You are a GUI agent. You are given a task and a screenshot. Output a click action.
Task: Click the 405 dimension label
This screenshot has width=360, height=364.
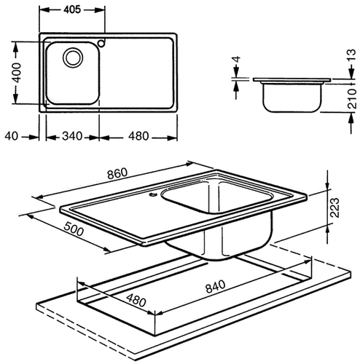[72, 9]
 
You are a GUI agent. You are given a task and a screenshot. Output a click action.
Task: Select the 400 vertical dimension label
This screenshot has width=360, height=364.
[16, 73]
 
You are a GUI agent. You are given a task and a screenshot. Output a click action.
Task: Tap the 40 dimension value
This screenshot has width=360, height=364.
[12, 136]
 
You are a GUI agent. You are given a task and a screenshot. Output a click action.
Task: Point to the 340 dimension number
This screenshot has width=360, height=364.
[72, 136]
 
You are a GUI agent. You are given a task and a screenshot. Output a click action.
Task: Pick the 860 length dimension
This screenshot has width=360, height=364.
[117, 173]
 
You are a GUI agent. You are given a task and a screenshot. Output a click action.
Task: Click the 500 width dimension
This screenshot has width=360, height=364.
[74, 229]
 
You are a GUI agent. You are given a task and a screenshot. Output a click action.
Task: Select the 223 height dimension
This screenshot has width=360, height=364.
[334, 207]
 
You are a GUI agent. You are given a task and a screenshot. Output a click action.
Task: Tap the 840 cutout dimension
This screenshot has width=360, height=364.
[216, 286]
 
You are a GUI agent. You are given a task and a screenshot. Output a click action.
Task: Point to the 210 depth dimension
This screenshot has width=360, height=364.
[352, 98]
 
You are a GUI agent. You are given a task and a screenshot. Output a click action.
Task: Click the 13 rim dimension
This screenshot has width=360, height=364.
[351, 55]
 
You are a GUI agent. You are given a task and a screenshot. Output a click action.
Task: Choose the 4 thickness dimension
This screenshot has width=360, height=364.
[236, 59]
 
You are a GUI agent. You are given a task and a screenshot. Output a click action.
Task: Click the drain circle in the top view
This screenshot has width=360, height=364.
[73, 58]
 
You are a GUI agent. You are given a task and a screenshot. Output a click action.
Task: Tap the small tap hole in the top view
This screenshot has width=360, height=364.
[101, 43]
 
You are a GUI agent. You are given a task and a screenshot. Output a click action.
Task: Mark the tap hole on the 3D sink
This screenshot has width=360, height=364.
[153, 194]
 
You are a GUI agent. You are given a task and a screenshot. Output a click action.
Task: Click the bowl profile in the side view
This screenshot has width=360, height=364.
[292, 98]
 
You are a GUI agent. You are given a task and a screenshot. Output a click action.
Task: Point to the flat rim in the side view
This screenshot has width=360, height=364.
[291, 79]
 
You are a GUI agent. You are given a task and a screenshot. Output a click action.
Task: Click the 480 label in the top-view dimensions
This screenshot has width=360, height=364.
[138, 136]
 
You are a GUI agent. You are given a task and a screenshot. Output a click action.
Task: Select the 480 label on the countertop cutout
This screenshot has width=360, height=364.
[136, 301]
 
